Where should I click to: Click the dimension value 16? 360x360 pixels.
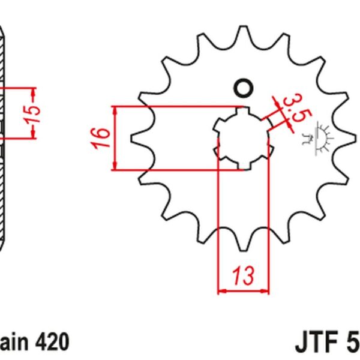[x=101, y=138]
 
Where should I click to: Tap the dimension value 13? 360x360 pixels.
[x=243, y=276]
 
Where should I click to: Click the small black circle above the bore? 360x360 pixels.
[x=243, y=88]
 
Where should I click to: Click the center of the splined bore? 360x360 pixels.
[x=243, y=139]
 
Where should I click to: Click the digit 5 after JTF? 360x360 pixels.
[x=352, y=343]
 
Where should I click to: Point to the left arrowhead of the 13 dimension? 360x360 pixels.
[x=221, y=291]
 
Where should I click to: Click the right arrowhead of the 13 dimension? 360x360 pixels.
[x=265, y=291]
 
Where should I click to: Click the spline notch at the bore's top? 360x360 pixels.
[x=243, y=110]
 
